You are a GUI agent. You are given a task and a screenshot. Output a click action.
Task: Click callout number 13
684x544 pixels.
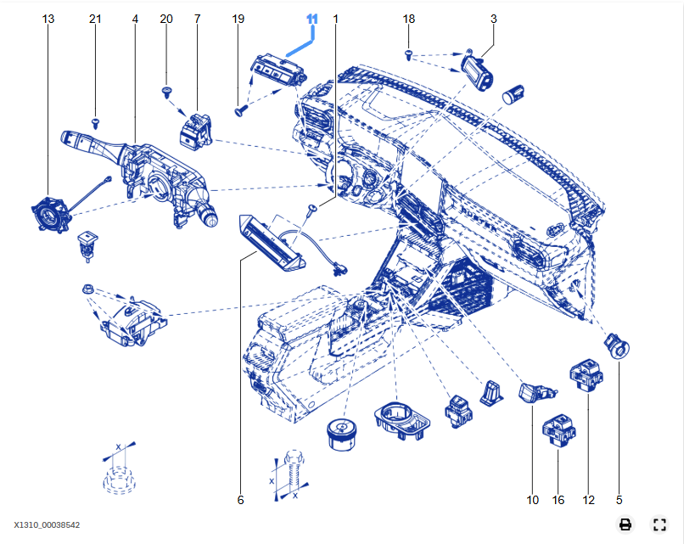point(48,19)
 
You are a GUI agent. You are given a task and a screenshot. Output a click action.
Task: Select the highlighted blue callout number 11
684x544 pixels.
point(312,19)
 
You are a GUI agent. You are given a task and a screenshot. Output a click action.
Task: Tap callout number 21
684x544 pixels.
point(95,19)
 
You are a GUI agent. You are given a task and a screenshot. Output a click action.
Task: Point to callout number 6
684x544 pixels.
point(240,500)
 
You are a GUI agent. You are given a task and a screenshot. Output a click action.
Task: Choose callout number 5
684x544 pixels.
point(619,500)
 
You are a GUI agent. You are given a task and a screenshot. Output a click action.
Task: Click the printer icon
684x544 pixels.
point(625,524)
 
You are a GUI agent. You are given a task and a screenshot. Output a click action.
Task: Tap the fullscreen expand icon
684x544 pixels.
point(659,524)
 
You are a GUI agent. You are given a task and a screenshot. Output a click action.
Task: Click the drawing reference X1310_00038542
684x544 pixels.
point(47,525)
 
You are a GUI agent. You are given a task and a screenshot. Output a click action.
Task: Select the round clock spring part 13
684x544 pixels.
point(49,211)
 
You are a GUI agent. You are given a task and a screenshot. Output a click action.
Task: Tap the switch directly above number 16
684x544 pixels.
point(559,429)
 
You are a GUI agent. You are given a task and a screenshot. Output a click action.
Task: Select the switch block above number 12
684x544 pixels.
point(586,376)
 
